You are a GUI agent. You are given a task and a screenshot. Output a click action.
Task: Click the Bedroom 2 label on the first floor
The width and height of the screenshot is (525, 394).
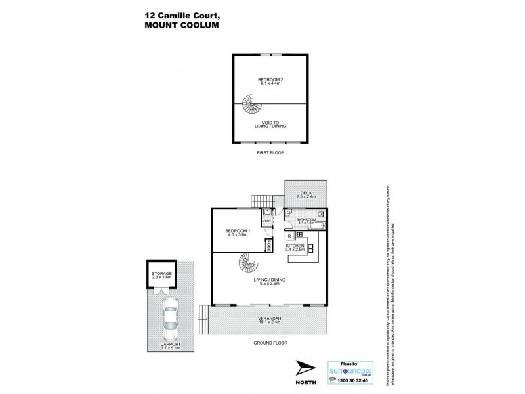(270, 81)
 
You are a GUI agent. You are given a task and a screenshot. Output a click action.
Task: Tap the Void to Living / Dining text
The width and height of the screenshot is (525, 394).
(270, 124)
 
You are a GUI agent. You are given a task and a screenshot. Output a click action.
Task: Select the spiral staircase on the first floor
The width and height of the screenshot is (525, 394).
(249, 104)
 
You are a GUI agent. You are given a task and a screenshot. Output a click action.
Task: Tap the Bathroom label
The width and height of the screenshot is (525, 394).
(306, 221)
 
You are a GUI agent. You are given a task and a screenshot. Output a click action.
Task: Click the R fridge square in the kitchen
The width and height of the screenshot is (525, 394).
(289, 235)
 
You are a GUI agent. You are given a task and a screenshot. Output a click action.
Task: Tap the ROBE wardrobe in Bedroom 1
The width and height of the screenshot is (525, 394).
(268, 246)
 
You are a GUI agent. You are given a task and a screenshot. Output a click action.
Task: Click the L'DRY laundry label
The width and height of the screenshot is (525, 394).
(268, 221)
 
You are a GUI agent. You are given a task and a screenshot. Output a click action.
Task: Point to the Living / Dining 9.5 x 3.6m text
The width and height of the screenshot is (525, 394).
(270, 282)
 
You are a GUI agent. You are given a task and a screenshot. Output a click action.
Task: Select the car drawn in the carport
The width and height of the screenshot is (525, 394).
(170, 318)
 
